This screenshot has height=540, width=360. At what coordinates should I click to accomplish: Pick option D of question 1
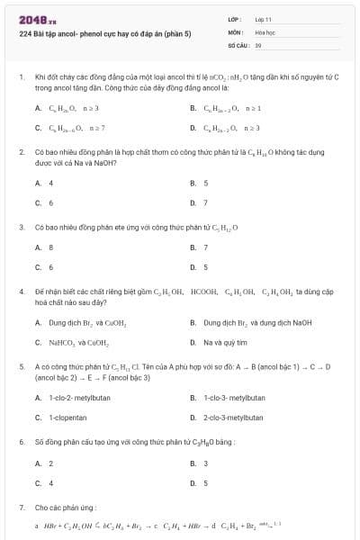click(225, 127)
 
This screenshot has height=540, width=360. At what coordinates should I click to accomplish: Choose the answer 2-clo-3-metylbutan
click(232, 417)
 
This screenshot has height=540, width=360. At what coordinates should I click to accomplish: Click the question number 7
click(22, 508)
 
